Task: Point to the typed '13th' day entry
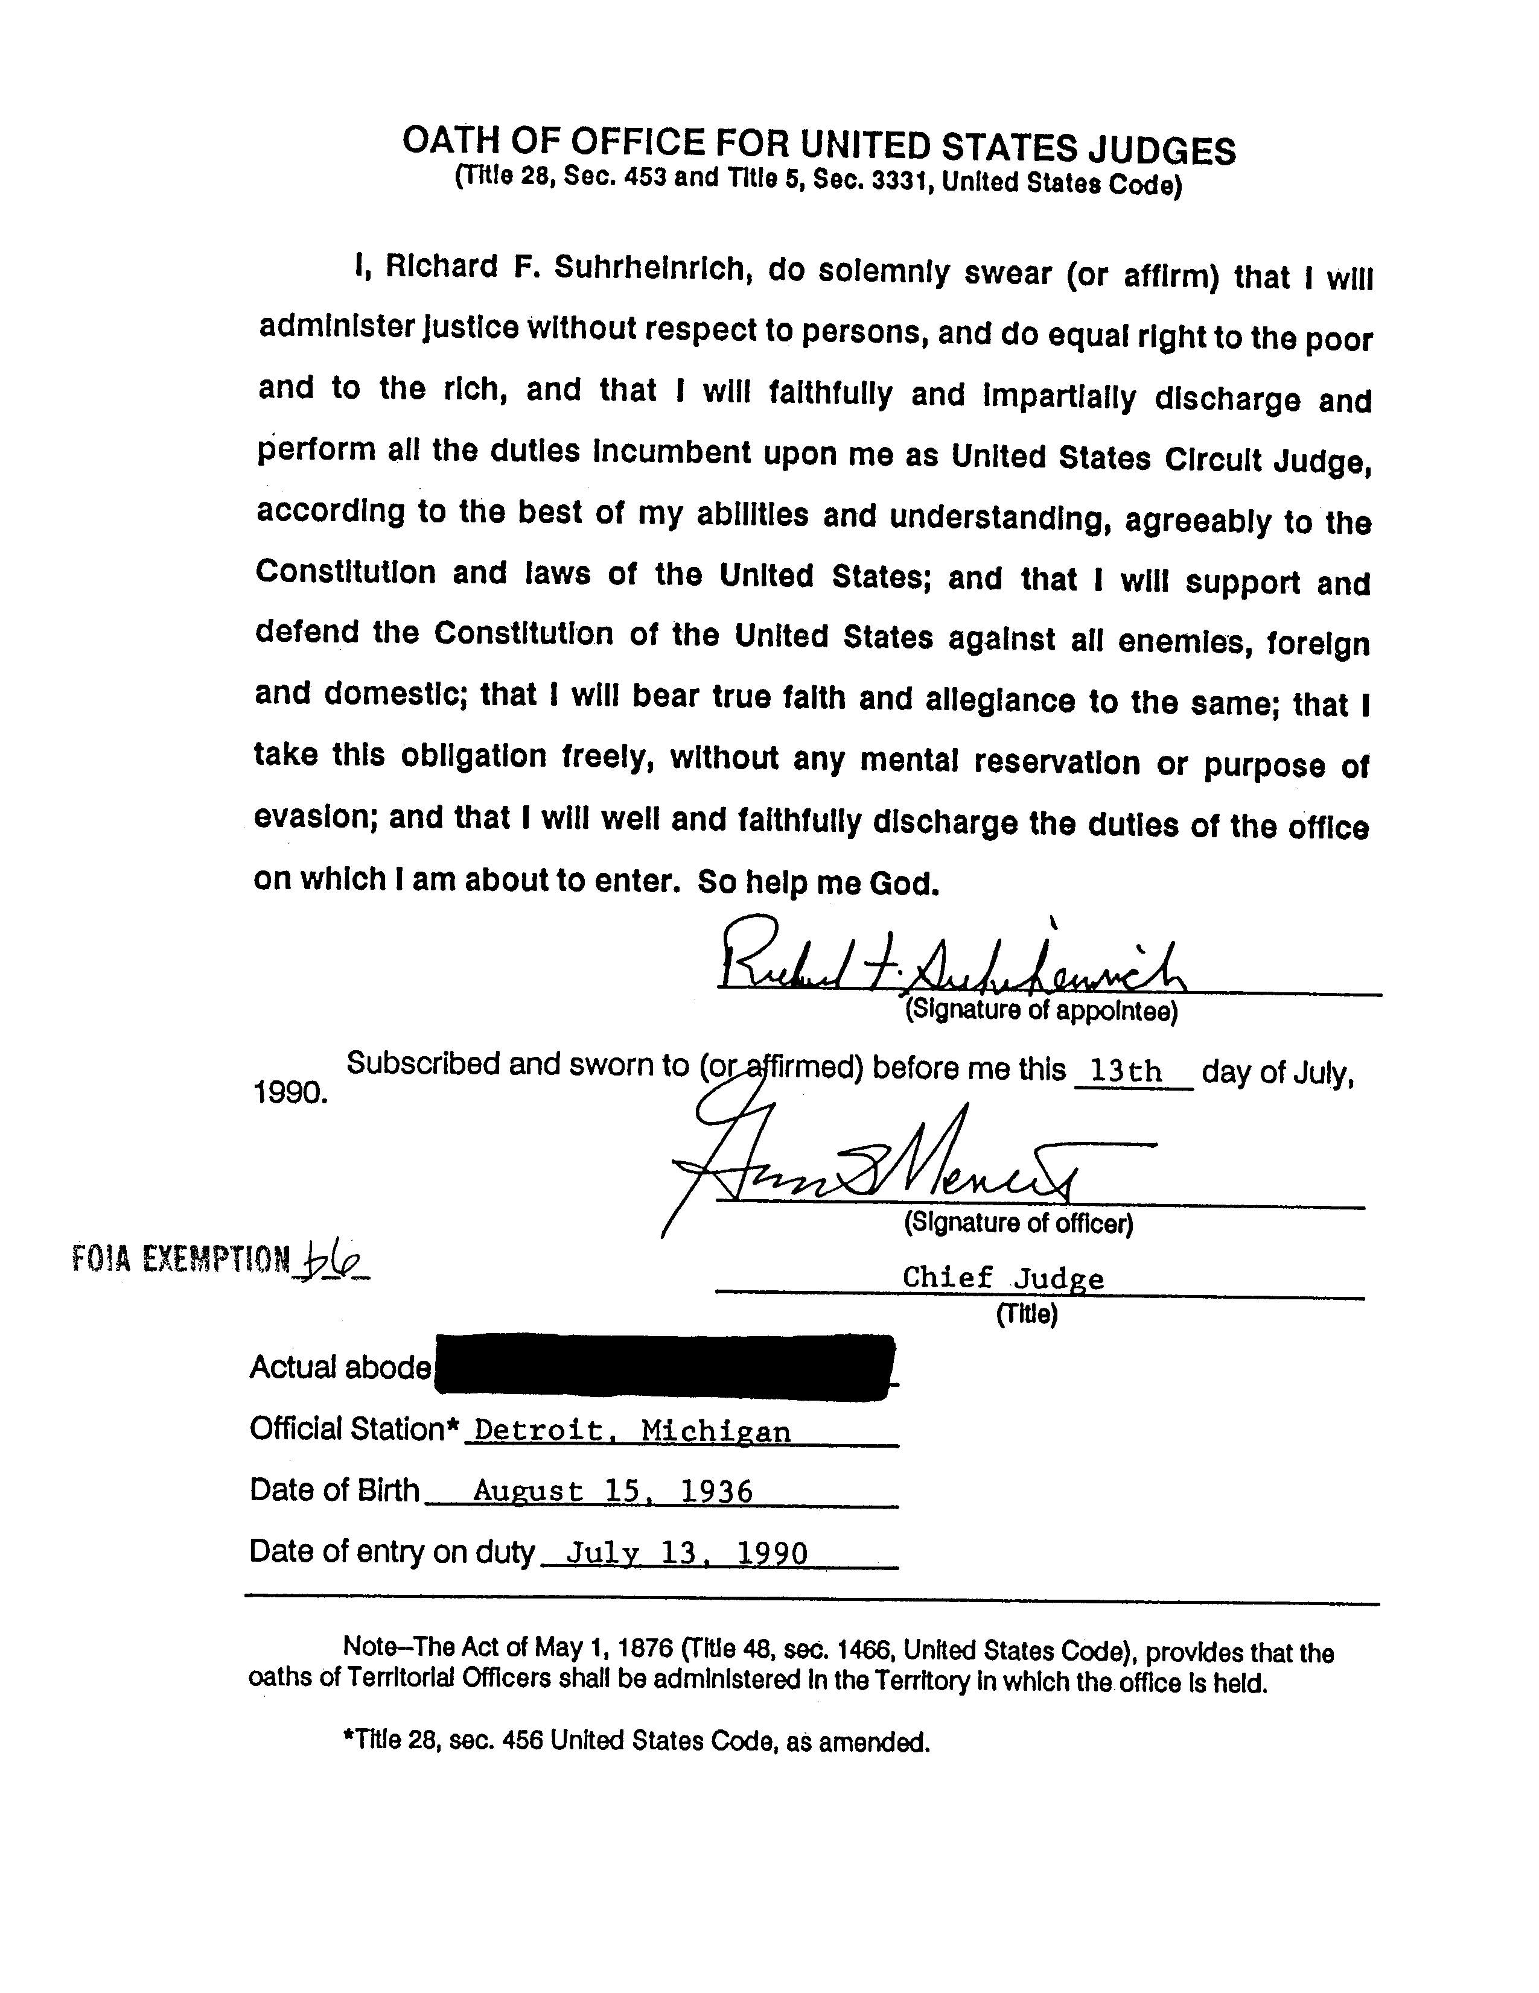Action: pos(1126,1071)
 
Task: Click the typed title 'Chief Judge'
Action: pos(1002,1278)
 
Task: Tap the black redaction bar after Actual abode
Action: pos(664,1366)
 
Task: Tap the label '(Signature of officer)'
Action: pos(1018,1223)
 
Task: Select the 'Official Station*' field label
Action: pos(353,1429)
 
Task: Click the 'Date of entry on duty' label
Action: pos(390,1551)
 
